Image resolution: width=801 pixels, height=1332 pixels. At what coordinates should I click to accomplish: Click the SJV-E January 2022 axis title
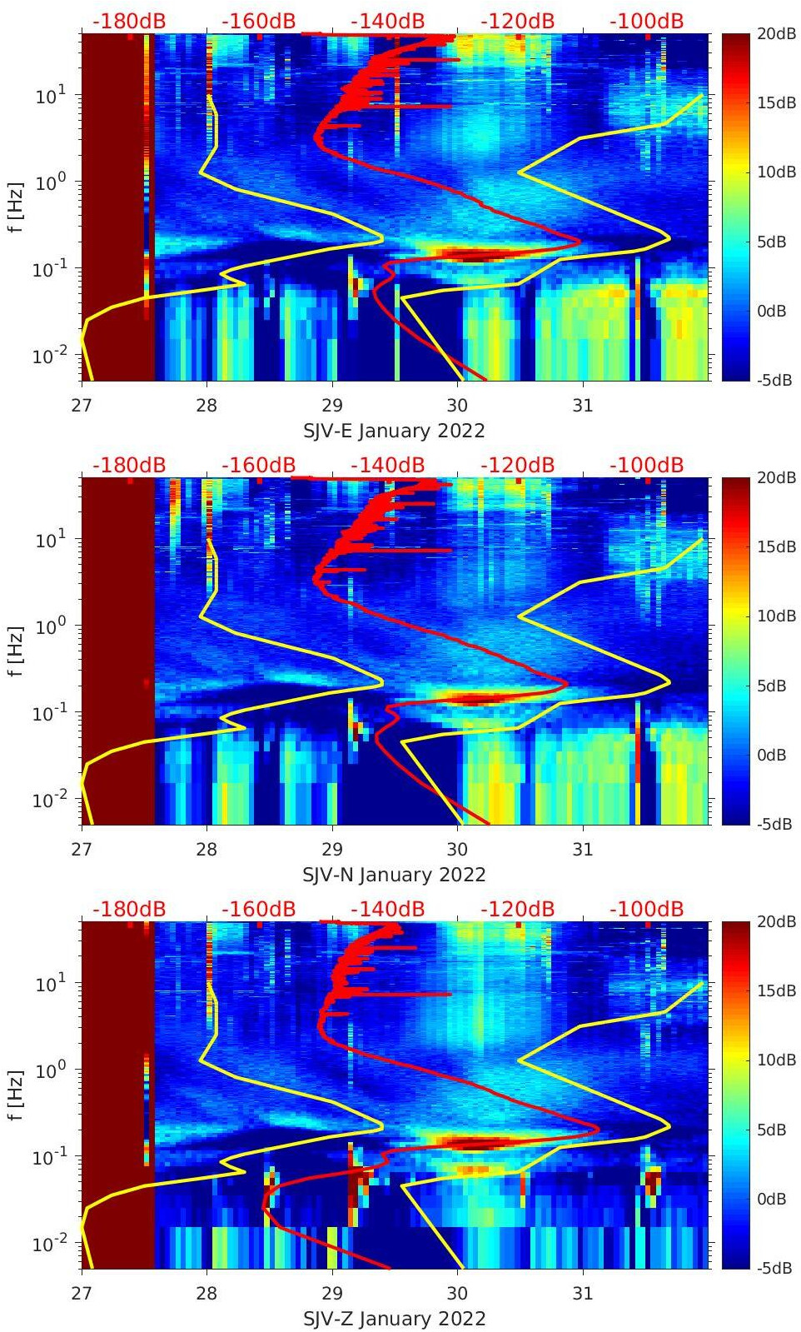pos(394,431)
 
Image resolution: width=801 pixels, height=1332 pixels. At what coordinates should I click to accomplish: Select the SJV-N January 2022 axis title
pos(394,875)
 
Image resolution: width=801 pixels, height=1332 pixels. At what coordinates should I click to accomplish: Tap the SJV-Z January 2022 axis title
pos(394,1319)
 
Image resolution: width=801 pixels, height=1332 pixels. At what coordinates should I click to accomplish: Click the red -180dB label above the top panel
pos(129,21)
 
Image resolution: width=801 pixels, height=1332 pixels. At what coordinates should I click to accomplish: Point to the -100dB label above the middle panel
pos(646,465)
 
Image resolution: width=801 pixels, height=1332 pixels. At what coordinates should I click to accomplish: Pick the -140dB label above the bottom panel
pos(387,909)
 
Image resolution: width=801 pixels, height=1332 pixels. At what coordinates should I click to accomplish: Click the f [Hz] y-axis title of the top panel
pos(16,207)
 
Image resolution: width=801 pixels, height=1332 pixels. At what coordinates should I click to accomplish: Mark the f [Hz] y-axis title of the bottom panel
pos(16,1095)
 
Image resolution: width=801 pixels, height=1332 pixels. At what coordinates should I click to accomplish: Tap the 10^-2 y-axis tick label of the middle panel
pos(48,800)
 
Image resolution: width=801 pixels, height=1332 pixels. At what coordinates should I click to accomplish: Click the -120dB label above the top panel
pos(517,21)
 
